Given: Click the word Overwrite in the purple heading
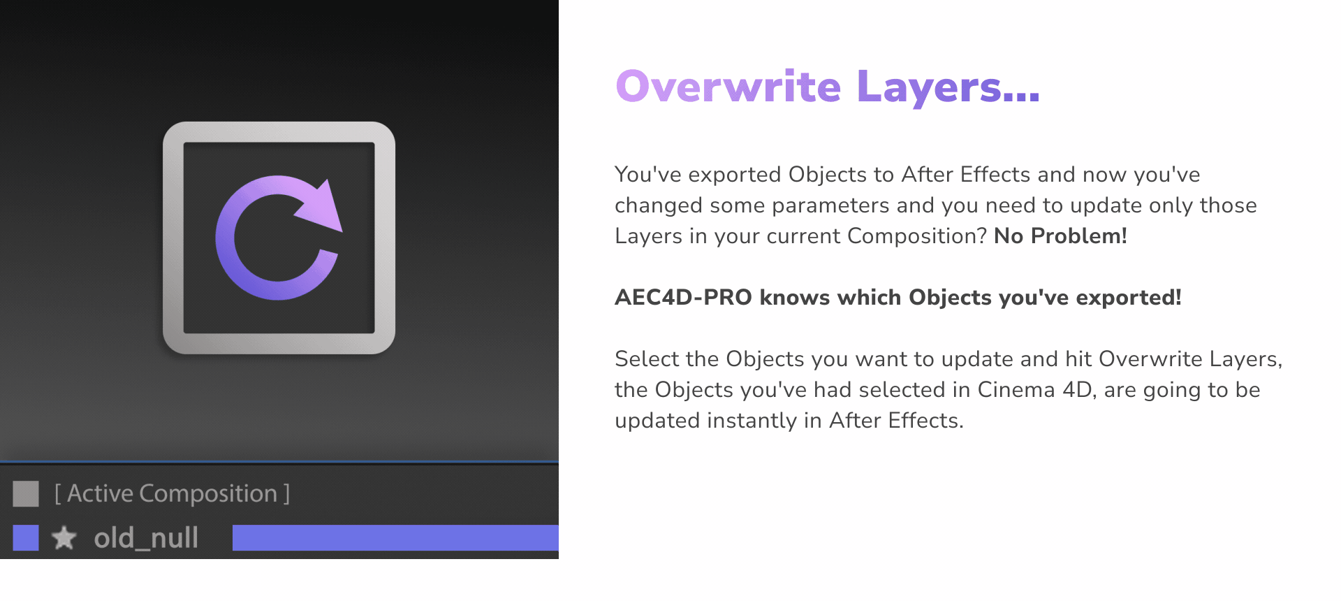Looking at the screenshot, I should (x=728, y=87).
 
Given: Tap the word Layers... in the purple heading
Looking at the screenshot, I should (x=948, y=87).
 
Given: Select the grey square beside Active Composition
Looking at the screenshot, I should (x=26, y=493).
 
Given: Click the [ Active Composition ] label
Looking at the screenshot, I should (x=172, y=493).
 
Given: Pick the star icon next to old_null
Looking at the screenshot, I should (x=64, y=538).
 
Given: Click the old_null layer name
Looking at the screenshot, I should (x=146, y=538).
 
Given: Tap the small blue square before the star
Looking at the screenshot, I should (x=26, y=538).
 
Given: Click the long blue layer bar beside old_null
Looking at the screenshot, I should (x=395, y=538).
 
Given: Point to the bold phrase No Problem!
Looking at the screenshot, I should (x=1060, y=236).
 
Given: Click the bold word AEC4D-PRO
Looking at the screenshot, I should (x=683, y=298).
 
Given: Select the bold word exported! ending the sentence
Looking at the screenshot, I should (x=1128, y=298).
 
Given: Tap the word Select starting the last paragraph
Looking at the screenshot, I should (x=647, y=359).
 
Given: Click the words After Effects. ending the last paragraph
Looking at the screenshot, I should (x=896, y=421).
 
